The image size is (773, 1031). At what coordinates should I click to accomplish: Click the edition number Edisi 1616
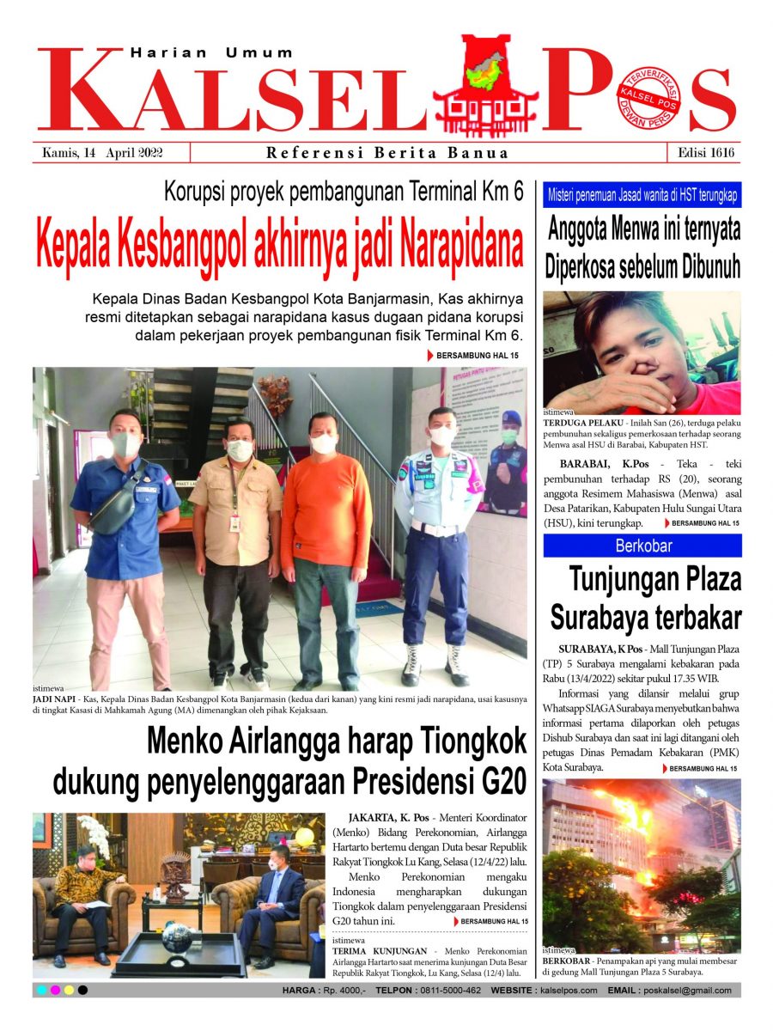[703, 153]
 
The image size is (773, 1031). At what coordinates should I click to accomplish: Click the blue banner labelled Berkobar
[642, 546]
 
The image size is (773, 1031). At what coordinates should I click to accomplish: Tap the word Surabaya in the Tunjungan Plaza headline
[605, 617]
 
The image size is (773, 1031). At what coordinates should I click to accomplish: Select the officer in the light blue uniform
[438, 533]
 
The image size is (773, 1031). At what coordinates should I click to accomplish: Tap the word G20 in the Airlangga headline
[498, 782]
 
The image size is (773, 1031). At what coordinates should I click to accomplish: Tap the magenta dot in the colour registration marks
[55, 991]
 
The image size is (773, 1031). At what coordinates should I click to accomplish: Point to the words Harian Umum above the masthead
[211, 53]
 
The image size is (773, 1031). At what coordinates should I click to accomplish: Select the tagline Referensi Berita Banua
[387, 153]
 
